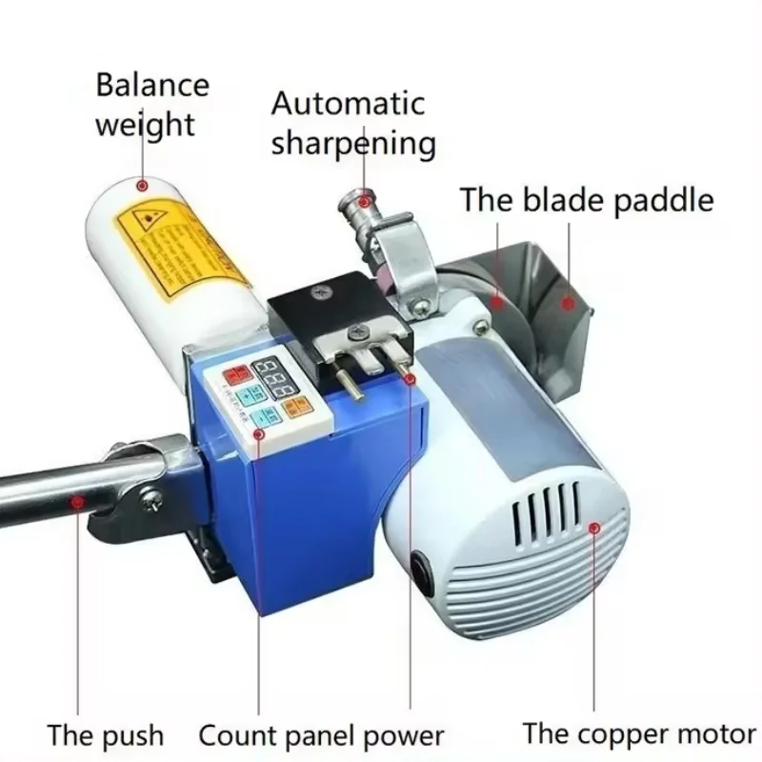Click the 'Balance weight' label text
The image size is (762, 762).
pyautogui.click(x=151, y=104)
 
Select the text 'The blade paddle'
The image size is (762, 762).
pyautogui.click(x=587, y=201)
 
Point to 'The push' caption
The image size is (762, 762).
pyautogui.click(x=105, y=735)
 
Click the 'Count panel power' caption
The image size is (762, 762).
pyautogui.click(x=321, y=735)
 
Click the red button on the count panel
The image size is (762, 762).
pyautogui.click(x=233, y=373)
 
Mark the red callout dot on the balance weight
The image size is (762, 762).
pyautogui.click(x=143, y=186)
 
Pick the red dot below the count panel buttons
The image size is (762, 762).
pyautogui.click(x=257, y=434)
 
